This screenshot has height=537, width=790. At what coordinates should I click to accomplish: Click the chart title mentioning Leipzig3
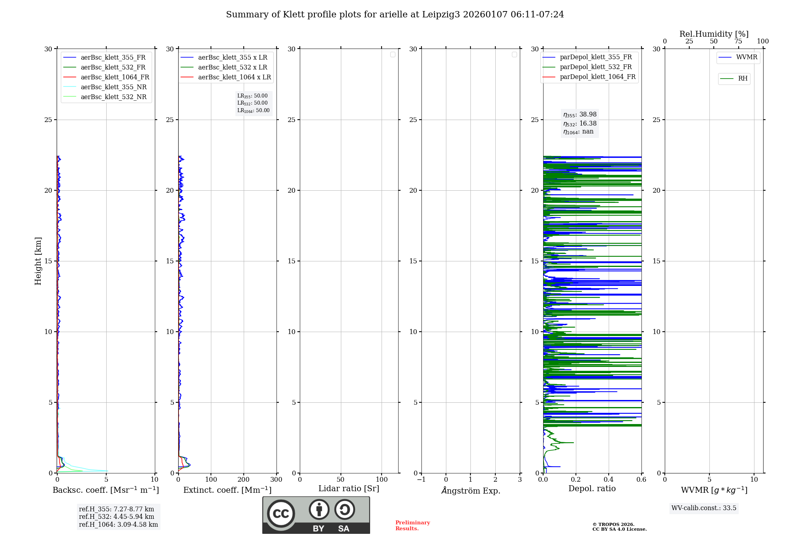pos(395,15)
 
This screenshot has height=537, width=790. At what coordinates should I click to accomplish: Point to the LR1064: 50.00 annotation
pos(254,111)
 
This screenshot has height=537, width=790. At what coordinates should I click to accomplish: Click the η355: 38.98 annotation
pos(580,115)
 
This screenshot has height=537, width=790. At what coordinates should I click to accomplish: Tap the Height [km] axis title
pos(38,261)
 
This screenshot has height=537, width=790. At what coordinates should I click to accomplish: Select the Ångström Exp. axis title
pos(470,491)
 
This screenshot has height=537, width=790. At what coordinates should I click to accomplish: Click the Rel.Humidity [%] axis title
pos(714,34)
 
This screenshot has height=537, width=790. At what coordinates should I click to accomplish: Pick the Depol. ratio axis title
pos(592,488)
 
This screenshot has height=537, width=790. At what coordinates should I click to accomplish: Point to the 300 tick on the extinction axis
pos(276,480)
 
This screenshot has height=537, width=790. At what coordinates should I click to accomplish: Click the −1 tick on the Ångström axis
pos(421,480)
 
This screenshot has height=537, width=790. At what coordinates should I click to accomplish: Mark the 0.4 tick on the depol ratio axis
pos(609,480)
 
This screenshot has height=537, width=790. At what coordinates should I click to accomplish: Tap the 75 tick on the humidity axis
pos(738,41)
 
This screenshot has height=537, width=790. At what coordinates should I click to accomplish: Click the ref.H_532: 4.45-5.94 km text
pos(117,516)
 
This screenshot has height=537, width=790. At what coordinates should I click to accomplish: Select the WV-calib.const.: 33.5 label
pos(703,508)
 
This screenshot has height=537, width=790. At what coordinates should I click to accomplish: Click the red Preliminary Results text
pos(412,526)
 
